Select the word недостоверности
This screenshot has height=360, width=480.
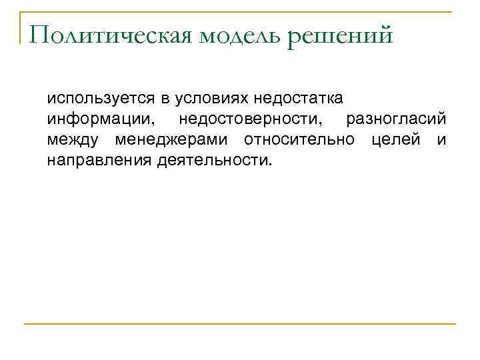pos(250,119)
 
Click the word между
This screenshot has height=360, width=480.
pos(73,140)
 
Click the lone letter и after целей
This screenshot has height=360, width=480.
pos(441,140)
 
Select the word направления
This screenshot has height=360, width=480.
pos(100,161)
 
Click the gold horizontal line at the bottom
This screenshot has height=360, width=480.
pos(240,324)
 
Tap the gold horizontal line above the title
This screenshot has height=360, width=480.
pos(240,11)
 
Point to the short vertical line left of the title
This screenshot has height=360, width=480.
pos(21,27)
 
